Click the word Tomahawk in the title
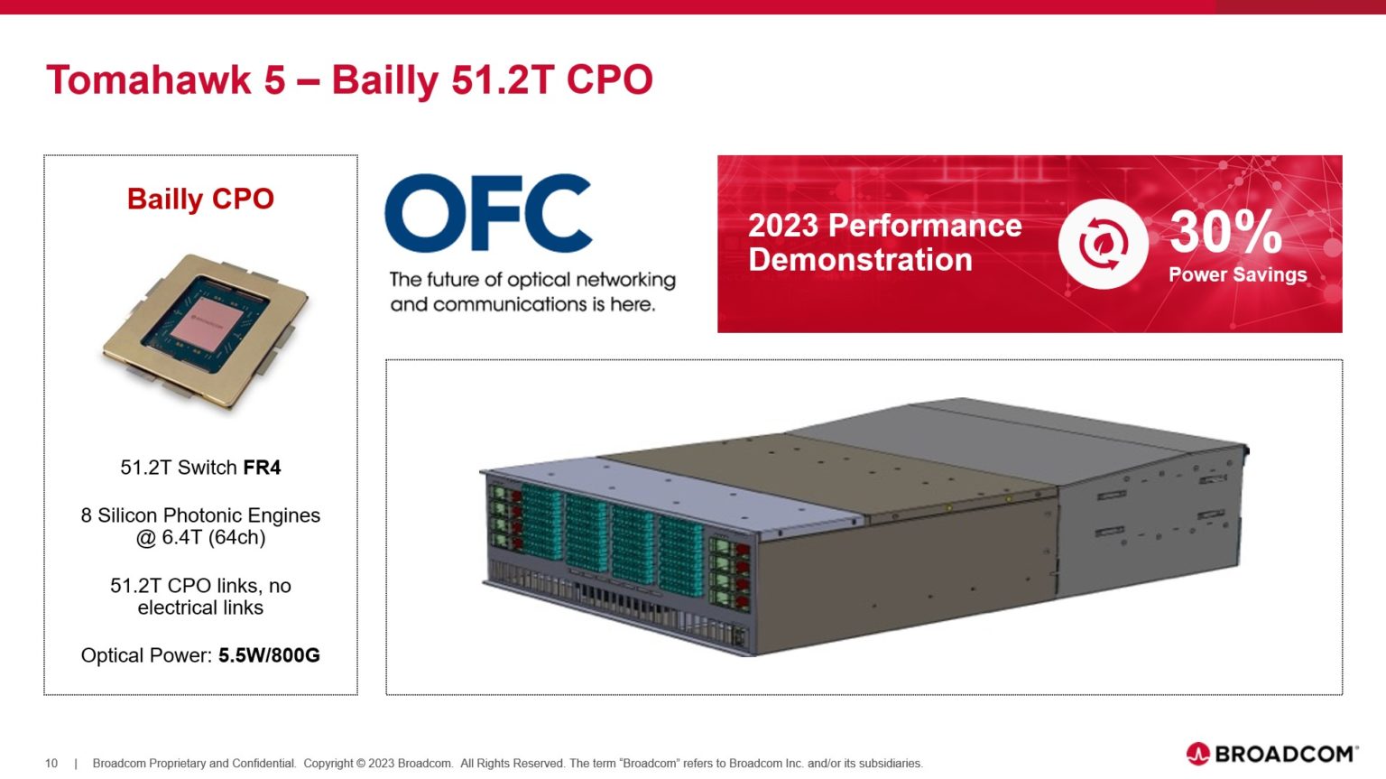[149, 79]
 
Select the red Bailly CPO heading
[200, 199]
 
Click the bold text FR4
[262, 468]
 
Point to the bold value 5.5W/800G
[269, 655]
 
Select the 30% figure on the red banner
[1225, 232]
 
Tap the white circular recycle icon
[1102, 244]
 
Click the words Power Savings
[1237, 275]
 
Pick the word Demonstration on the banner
[860, 260]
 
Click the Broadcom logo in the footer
[1271, 754]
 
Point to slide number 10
[51, 764]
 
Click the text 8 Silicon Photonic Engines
[200, 515]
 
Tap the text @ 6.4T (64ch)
[200, 538]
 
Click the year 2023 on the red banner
[783, 226]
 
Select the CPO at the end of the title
[609, 79]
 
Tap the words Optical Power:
[146, 655]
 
